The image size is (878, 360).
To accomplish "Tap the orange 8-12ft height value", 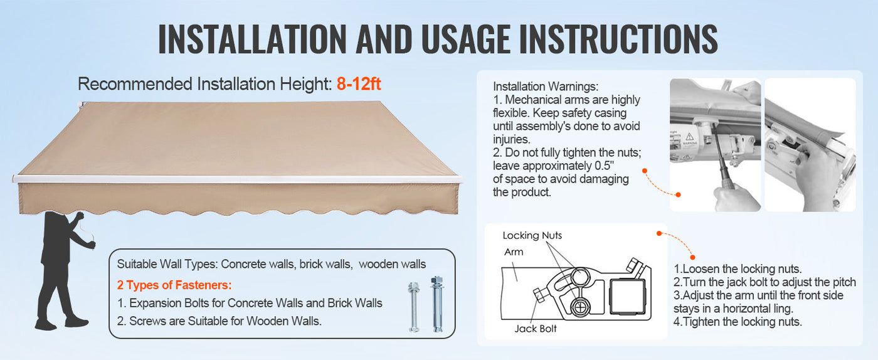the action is pos(359,84).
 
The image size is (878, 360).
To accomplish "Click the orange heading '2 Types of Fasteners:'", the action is pos(174,285).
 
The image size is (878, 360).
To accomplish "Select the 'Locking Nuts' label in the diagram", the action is pos(532,235).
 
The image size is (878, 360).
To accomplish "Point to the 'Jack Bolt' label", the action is pos(536,329).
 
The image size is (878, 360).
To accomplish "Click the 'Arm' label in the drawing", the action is pos(514,251).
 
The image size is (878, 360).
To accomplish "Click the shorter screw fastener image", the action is pos(413,307).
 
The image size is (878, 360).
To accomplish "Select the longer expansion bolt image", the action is pos(437,304).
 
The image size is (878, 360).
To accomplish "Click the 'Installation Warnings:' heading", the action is pos(546,87).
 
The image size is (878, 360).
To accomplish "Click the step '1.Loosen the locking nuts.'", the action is pos(738,269).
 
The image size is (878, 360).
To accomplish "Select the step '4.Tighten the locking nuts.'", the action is pos(738,322).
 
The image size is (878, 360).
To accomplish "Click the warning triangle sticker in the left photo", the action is pos(689,137).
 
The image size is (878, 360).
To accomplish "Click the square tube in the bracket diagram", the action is pos(628,297).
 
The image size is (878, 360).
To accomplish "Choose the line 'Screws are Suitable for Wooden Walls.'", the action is pos(225,321).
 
